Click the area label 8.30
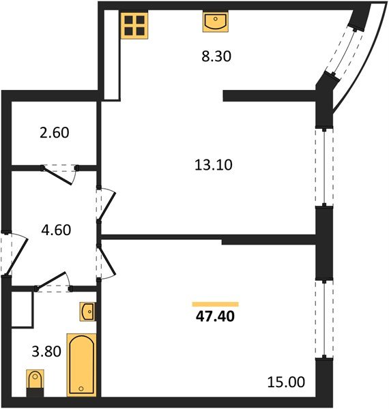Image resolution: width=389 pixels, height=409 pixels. tap(218, 58)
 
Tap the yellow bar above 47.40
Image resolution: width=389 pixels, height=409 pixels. tap(216, 304)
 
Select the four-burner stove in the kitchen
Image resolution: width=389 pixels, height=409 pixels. tap(135, 25)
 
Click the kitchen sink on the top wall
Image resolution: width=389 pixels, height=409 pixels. tap(215, 22)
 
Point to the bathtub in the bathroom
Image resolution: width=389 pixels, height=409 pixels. tap(82, 364)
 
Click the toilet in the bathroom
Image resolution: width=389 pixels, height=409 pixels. tap(34, 381)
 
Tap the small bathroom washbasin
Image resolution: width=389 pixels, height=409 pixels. tap(88, 312)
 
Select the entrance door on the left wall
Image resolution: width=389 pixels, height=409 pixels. tap(11, 252)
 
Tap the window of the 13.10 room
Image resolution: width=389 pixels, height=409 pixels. tap(320, 166)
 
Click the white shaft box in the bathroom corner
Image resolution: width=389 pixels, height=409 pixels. tap(23, 308)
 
